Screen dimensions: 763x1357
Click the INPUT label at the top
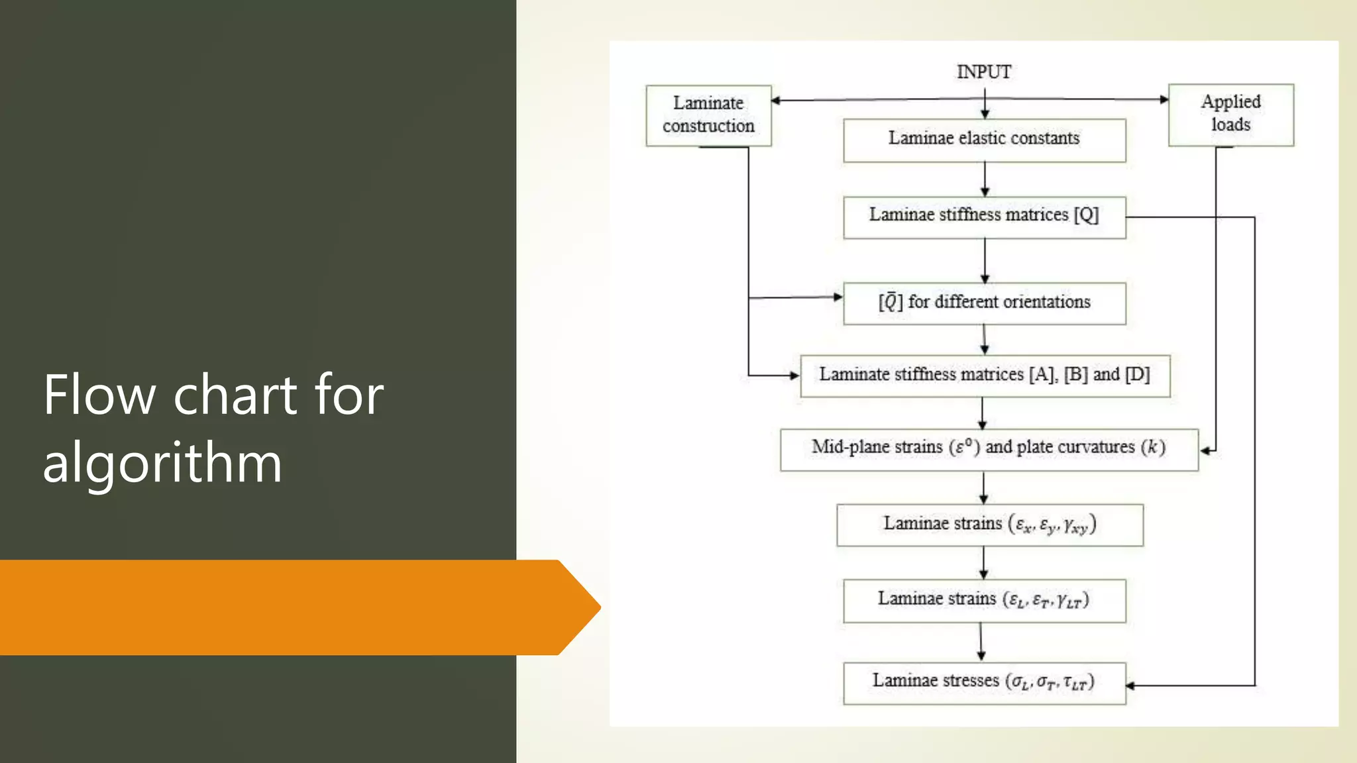[983, 72]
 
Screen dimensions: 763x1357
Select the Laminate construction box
[708, 115]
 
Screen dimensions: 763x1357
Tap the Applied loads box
[1230, 115]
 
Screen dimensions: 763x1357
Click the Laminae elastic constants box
[984, 140]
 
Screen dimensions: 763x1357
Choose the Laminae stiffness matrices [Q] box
[984, 217]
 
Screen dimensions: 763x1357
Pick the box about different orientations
[984, 303]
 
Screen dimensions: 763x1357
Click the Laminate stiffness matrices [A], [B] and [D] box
[985, 376]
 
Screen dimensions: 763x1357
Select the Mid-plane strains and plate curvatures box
[989, 449]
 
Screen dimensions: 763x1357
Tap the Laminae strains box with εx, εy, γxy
[989, 525]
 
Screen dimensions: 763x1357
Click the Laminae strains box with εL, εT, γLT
[984, 600]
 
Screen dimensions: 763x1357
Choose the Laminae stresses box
[984, 682]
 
